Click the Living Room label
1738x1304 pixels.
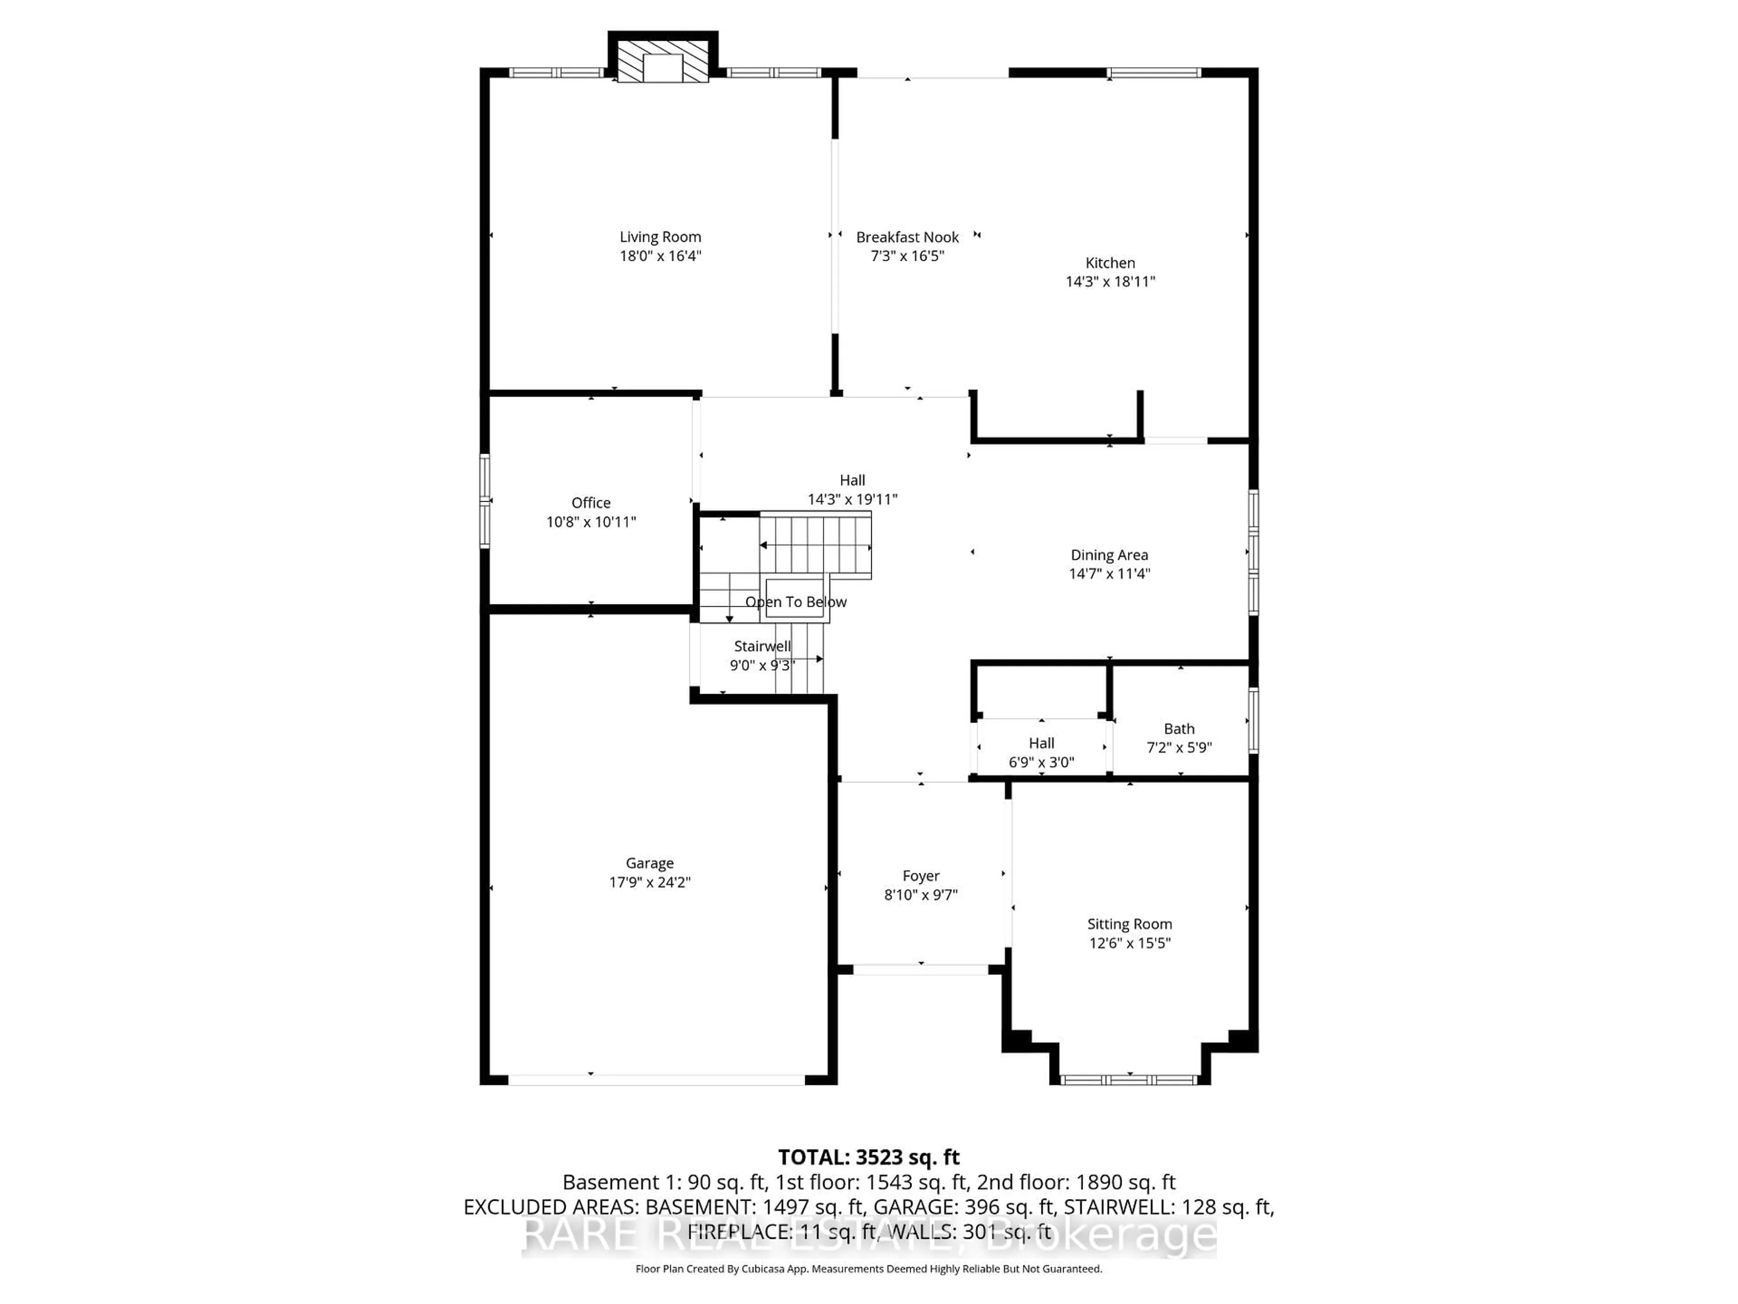pos(660,237)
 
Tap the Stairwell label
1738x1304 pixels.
pos(762,646)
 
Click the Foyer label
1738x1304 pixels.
pos(921,876)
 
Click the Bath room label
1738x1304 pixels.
pos(1179,729)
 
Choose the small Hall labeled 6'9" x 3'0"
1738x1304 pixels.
pos(1041,743)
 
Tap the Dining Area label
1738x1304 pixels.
pos(1108,555)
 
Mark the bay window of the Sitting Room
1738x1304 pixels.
pos(1129,1080)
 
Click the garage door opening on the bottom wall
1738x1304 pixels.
pos(656,1080)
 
